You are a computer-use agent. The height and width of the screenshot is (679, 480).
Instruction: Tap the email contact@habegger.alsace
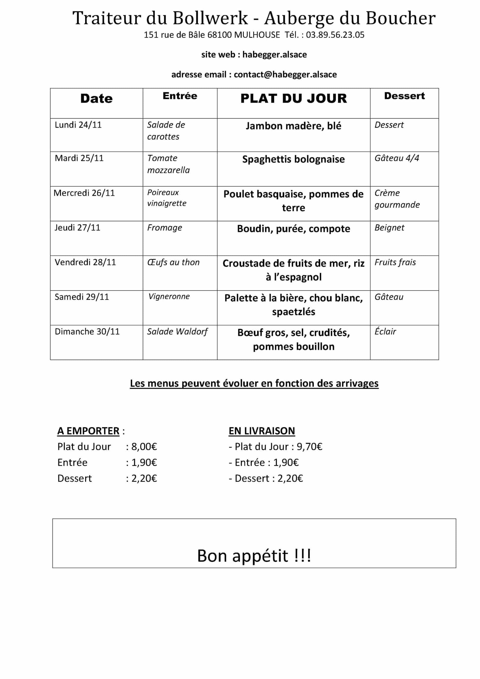click(285, 74)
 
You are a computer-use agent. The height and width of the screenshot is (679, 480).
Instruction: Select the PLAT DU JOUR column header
click(293, 98)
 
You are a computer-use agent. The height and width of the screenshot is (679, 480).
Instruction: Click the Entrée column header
click(180, 96)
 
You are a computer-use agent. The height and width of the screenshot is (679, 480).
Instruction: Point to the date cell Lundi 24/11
click(78, 125)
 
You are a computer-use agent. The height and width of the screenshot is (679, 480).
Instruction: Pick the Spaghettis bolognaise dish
click(293, 159)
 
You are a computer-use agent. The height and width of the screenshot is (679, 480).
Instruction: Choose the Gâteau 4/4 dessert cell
click(397, 158)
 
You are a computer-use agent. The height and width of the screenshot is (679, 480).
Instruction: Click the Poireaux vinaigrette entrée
click(167, 198)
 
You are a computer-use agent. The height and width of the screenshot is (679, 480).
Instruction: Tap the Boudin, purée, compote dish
click(293, 229)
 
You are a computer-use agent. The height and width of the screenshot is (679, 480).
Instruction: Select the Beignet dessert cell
click(389, 228)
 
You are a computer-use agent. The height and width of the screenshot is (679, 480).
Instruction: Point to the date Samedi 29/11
click(82, 297)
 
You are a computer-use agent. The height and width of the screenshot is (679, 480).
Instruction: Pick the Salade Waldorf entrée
click(177, 332)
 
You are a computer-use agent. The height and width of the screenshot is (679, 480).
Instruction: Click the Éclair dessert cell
click(385, 332)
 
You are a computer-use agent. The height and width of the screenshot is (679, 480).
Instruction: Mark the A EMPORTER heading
click(88, 431)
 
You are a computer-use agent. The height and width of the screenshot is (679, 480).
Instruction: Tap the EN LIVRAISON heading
click(262, 431)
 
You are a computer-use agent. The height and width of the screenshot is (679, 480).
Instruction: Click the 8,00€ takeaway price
click(144, 447)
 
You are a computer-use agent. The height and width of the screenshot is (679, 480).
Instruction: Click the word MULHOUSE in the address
click(257, 35)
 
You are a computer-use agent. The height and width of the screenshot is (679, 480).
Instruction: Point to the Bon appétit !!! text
click(254, 556)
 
